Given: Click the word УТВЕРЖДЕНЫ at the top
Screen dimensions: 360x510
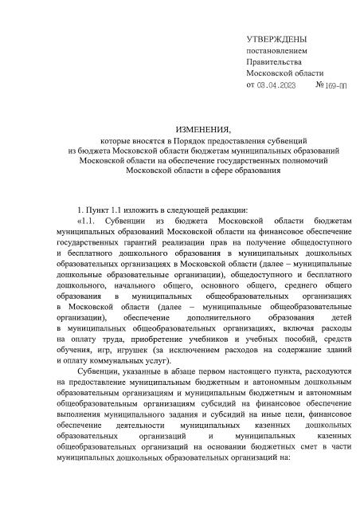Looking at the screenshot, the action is (x=276, y=39).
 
